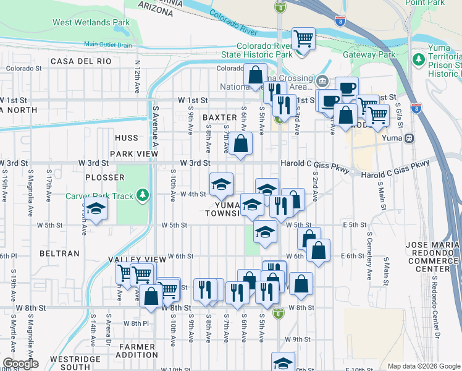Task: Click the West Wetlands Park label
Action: click(x=91, y=22)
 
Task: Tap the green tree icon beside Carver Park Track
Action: click(x=143, y=196)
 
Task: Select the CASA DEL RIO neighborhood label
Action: click(x=81, y=61)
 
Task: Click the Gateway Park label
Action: click(x=369, y=54)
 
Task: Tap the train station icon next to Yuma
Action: click(x=409, y=139)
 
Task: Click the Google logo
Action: click(x=20, y=364)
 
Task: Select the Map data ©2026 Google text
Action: click(x=424, y=366)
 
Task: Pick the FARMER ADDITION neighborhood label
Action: click(x=138, y=351)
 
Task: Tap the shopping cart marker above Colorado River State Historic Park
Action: click(x=303, y=38)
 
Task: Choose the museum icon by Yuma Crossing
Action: click(x=322, y=81)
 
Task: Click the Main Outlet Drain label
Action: click(x=108, y=44)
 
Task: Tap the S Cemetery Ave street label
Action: click(x=369, y=260)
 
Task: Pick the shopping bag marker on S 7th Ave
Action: click(x=242, y=143)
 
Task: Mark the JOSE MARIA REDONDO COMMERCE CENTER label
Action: click(x=432, y=257)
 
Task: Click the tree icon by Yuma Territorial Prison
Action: click(x=419, y=59)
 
